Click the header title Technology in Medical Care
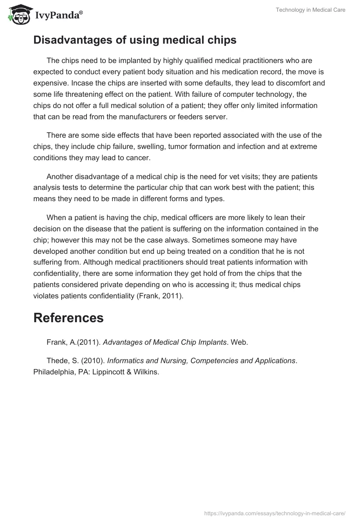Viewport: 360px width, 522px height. [310, 10]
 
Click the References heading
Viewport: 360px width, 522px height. [68, 318]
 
